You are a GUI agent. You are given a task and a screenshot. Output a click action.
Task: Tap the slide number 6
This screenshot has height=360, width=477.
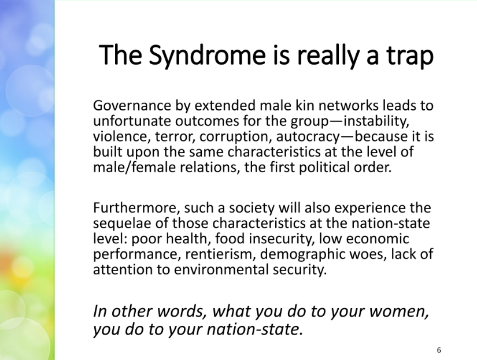439,350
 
